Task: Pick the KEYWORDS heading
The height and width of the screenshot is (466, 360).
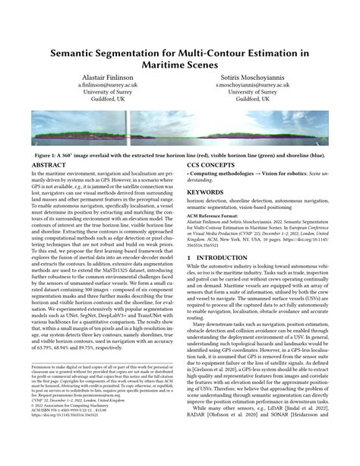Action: pyautogui.click(x=208, y=194)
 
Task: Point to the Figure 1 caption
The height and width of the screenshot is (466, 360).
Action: pyautogui.click(x=180, y=152)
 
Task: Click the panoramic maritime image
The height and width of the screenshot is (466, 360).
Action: pyautogui.click(x=180, y=128)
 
